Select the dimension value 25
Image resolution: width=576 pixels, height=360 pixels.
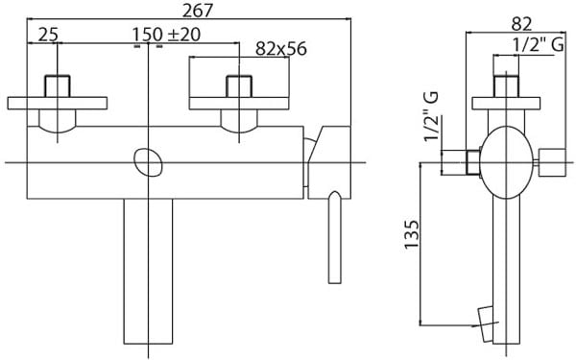48,35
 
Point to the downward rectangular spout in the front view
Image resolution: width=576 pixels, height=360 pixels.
147,274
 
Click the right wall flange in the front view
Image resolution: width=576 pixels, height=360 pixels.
235,101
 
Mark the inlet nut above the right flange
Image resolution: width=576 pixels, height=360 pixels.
236,84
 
